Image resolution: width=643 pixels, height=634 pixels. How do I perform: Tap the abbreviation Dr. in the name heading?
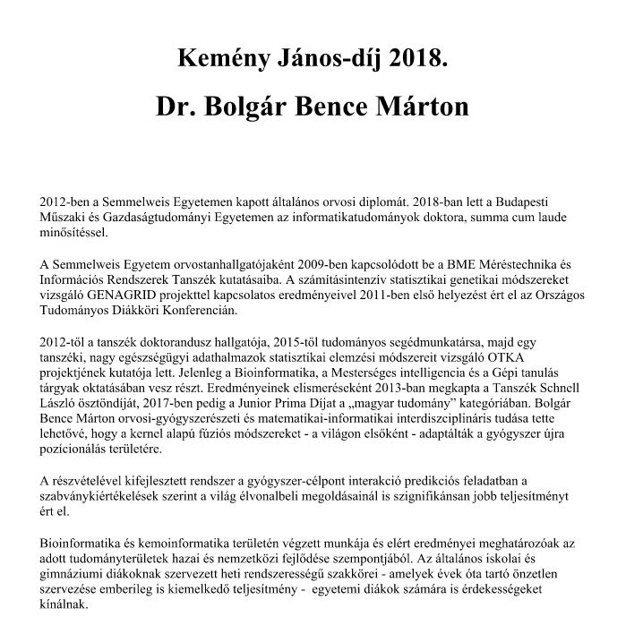click(x=177, y=107)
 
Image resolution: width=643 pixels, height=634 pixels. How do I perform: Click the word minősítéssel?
click(x=73, y=233)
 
